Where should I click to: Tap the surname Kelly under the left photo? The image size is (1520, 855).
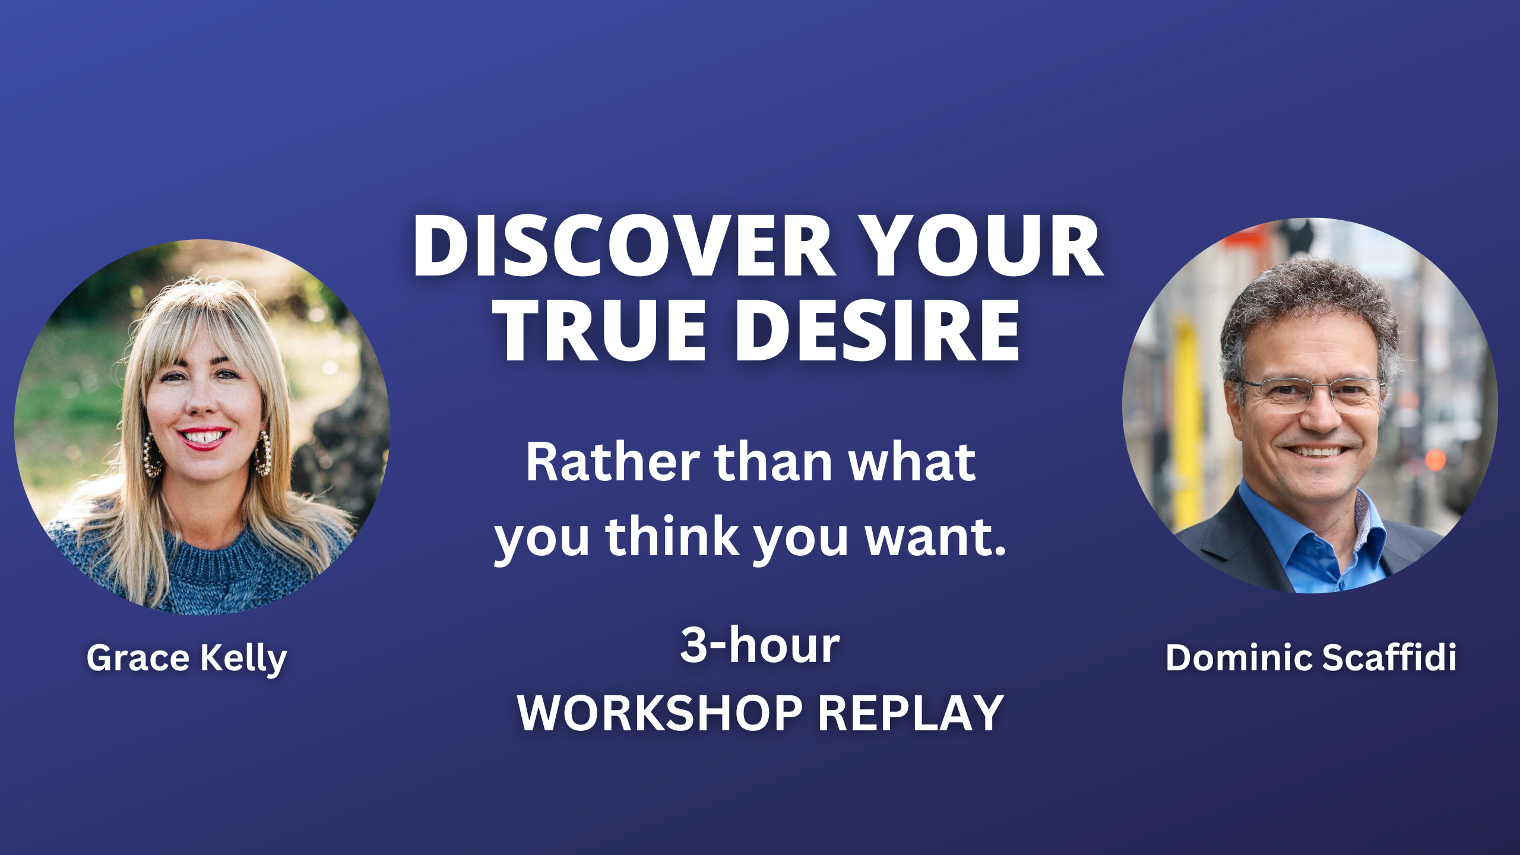[x=244, y=659]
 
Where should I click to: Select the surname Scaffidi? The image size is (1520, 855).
[x=1389, y=657]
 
